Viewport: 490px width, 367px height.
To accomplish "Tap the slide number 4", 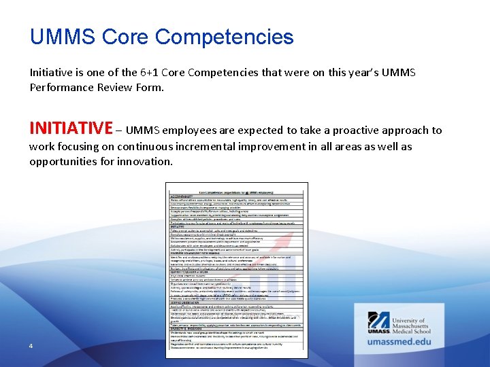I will (x=31, y=346).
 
